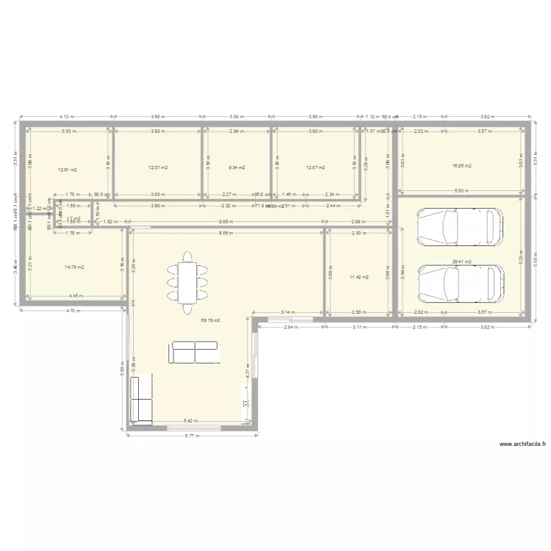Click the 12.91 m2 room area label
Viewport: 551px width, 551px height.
[x=68, y=169]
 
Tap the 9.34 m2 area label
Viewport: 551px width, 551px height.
[x=237, y=168]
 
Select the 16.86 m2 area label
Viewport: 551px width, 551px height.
[x=461, y=166]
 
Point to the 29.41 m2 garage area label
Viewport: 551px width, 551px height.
[x=461, y=261]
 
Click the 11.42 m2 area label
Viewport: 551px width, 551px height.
[x=359, y=277]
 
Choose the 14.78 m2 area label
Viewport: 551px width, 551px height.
[x=74, y=267]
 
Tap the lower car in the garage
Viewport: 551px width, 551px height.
[x=461, y=283]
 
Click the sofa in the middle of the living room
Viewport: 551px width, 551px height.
[x=194, y=353]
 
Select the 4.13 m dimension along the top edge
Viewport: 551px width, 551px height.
[x=67, y=116]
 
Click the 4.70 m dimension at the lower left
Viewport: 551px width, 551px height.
[x=71, y=311]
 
